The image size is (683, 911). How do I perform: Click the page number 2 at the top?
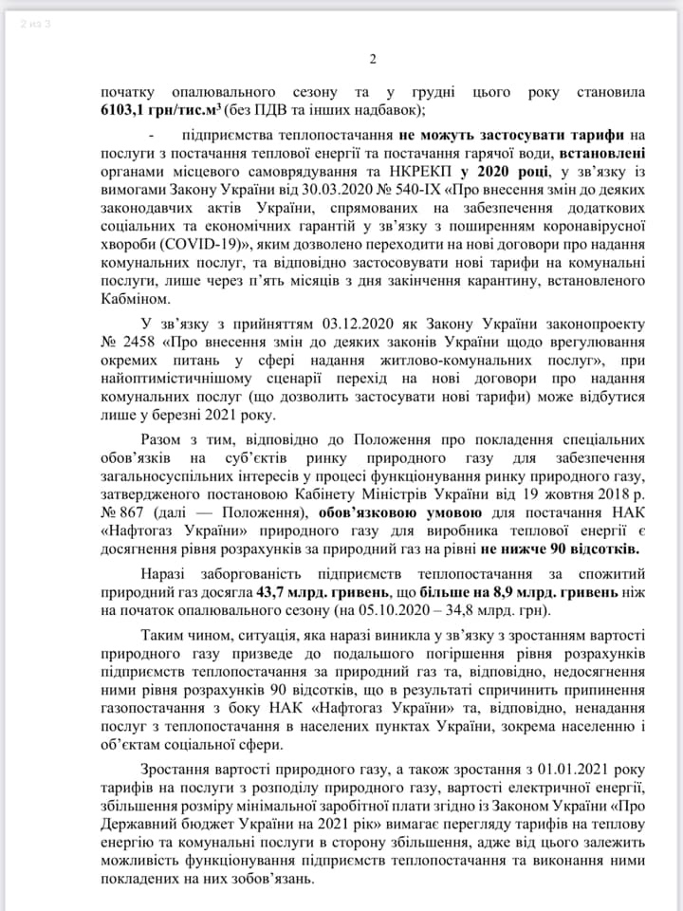[373, 59]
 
